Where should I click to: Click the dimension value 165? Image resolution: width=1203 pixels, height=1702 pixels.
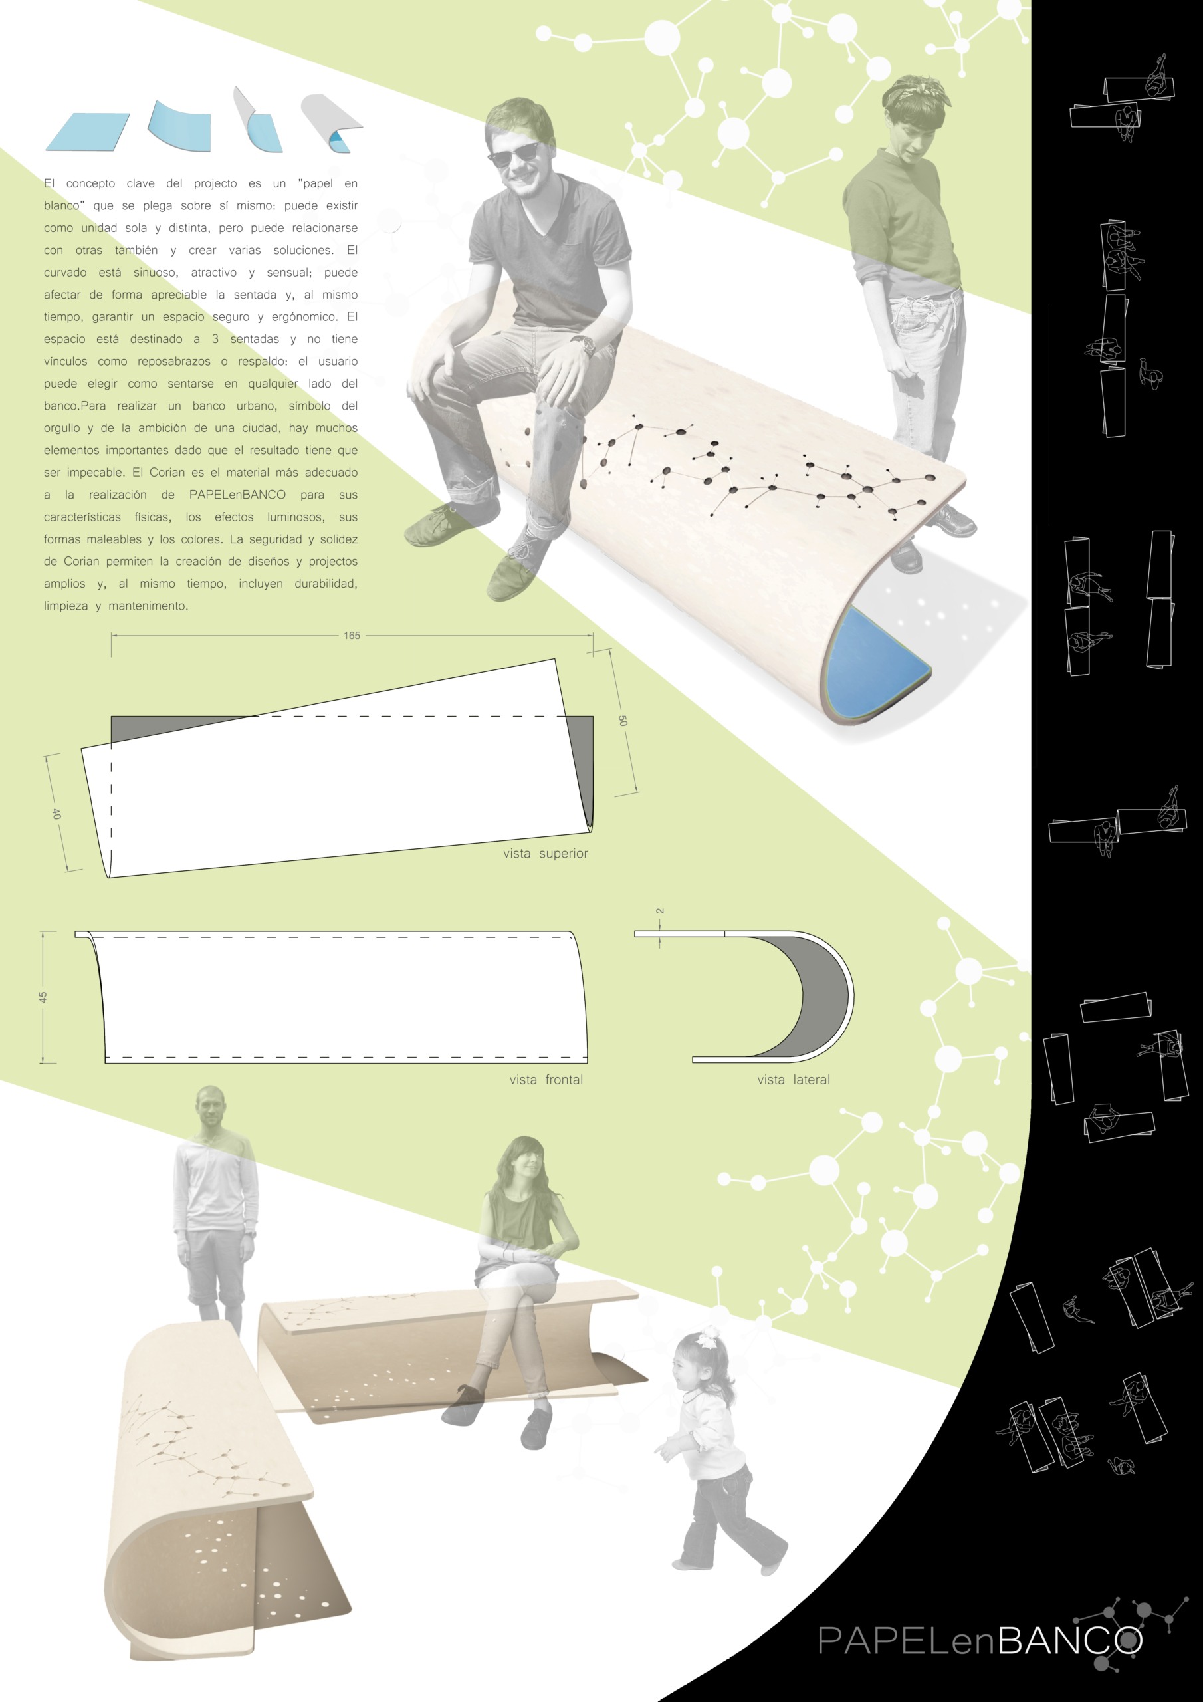[352, 636]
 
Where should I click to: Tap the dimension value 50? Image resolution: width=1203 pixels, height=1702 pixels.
[623, 721]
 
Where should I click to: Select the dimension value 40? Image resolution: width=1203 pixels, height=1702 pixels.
[56, 813]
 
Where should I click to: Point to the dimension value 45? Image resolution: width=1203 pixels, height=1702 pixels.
[43, 997]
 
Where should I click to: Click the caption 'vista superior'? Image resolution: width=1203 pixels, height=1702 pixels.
[546, 853]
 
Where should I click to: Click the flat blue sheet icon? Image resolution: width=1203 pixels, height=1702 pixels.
[88, 132]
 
